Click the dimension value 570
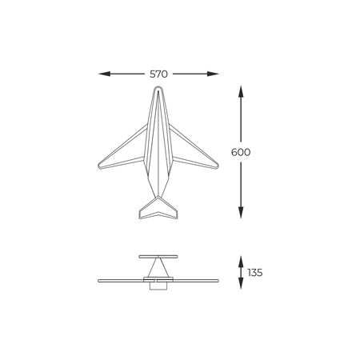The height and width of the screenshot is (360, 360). [158, 74]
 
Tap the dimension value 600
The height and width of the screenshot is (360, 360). [241, 152]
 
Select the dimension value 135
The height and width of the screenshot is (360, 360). [255, 273]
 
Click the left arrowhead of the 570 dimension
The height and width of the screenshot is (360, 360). [104, 74]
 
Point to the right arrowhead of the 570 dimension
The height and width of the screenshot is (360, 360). [213, 74]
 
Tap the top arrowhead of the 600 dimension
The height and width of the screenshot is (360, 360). [241, 91]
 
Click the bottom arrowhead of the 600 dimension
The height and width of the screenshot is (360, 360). [241, 213]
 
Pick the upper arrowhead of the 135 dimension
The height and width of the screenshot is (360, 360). [241, 262]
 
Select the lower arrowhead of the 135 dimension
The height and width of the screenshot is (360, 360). [241, 283]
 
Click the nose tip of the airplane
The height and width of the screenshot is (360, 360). [158, 86]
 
